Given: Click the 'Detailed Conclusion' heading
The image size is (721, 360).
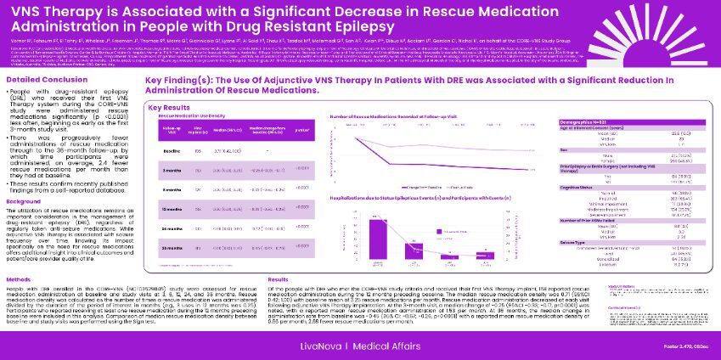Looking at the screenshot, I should tap(37, 79).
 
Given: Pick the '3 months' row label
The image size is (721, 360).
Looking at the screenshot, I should tap(172, 171).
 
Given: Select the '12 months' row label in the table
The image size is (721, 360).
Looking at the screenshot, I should tap(172, 208).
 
